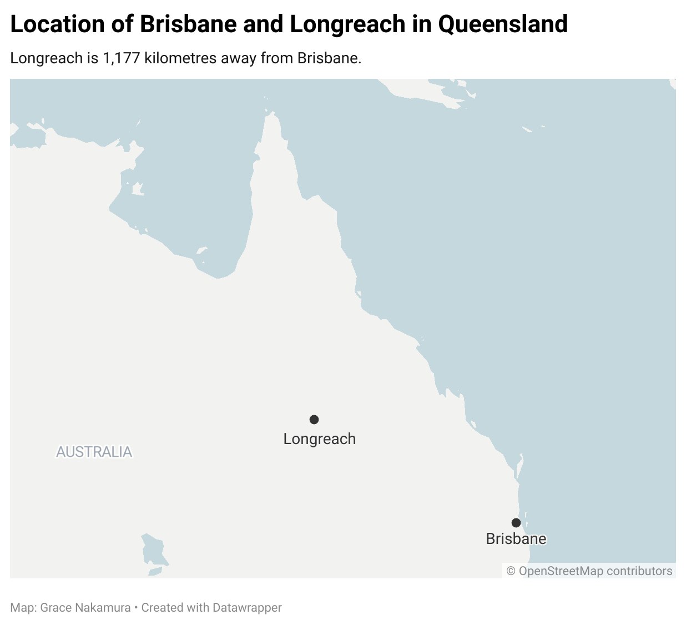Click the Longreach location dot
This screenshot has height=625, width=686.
(x=314, y=419)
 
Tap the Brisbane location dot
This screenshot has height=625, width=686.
(x=516, y=522)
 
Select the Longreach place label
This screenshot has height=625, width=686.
(x=319, y=439)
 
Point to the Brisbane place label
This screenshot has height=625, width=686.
(x=516, y=539)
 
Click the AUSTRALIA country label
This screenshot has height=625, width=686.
(x=94, y=452)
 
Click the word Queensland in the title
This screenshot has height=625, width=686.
(x=503, y=24)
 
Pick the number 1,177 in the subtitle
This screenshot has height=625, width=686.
(x=121, y=58)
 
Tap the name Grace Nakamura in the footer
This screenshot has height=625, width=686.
(x=85, y=608)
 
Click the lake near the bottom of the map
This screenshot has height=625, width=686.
(x=154, y=550)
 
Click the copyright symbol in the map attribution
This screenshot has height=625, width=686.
(x=511, y=571)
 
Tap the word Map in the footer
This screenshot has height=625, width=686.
(x=22, y=608)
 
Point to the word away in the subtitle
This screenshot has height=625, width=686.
(x=239, y=58)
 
